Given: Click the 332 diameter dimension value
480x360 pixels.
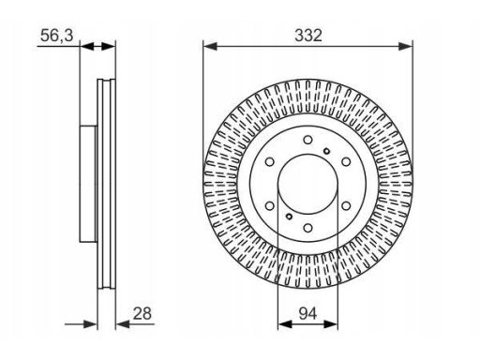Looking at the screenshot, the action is click(x=308, y=36).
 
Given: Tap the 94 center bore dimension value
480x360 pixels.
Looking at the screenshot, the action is click(x=307, y=313).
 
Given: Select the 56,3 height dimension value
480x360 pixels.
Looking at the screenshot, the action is click(x=56, y=36).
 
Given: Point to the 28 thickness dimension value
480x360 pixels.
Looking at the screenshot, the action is click(x=142, y=313).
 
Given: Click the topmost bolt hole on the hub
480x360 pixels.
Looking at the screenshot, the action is click(x=307, y=140).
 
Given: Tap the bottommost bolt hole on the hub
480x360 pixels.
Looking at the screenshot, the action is click(x=307, y=228).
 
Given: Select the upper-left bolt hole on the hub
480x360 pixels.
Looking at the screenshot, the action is click(x=270, y=161).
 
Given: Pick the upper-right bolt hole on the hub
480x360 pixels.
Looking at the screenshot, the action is click(x=346, y=161).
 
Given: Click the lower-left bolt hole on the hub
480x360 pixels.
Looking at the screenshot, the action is click(x=270, y=205).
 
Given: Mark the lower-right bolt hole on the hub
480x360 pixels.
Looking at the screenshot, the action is click(x=346, y=205).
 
